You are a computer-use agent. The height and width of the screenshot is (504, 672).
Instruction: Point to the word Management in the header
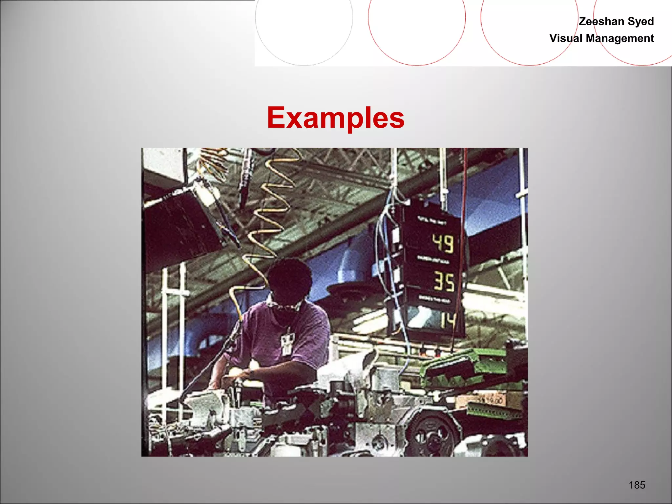[x=620, y=38]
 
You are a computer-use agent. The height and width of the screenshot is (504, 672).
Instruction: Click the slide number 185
[x=637, y=485]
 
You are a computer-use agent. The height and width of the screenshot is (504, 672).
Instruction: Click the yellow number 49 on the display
[x=443, y=243]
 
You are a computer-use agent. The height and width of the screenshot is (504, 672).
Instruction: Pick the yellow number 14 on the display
[x=448, y=320]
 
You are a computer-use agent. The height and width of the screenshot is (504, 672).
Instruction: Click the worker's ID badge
[x=286, y=343]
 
